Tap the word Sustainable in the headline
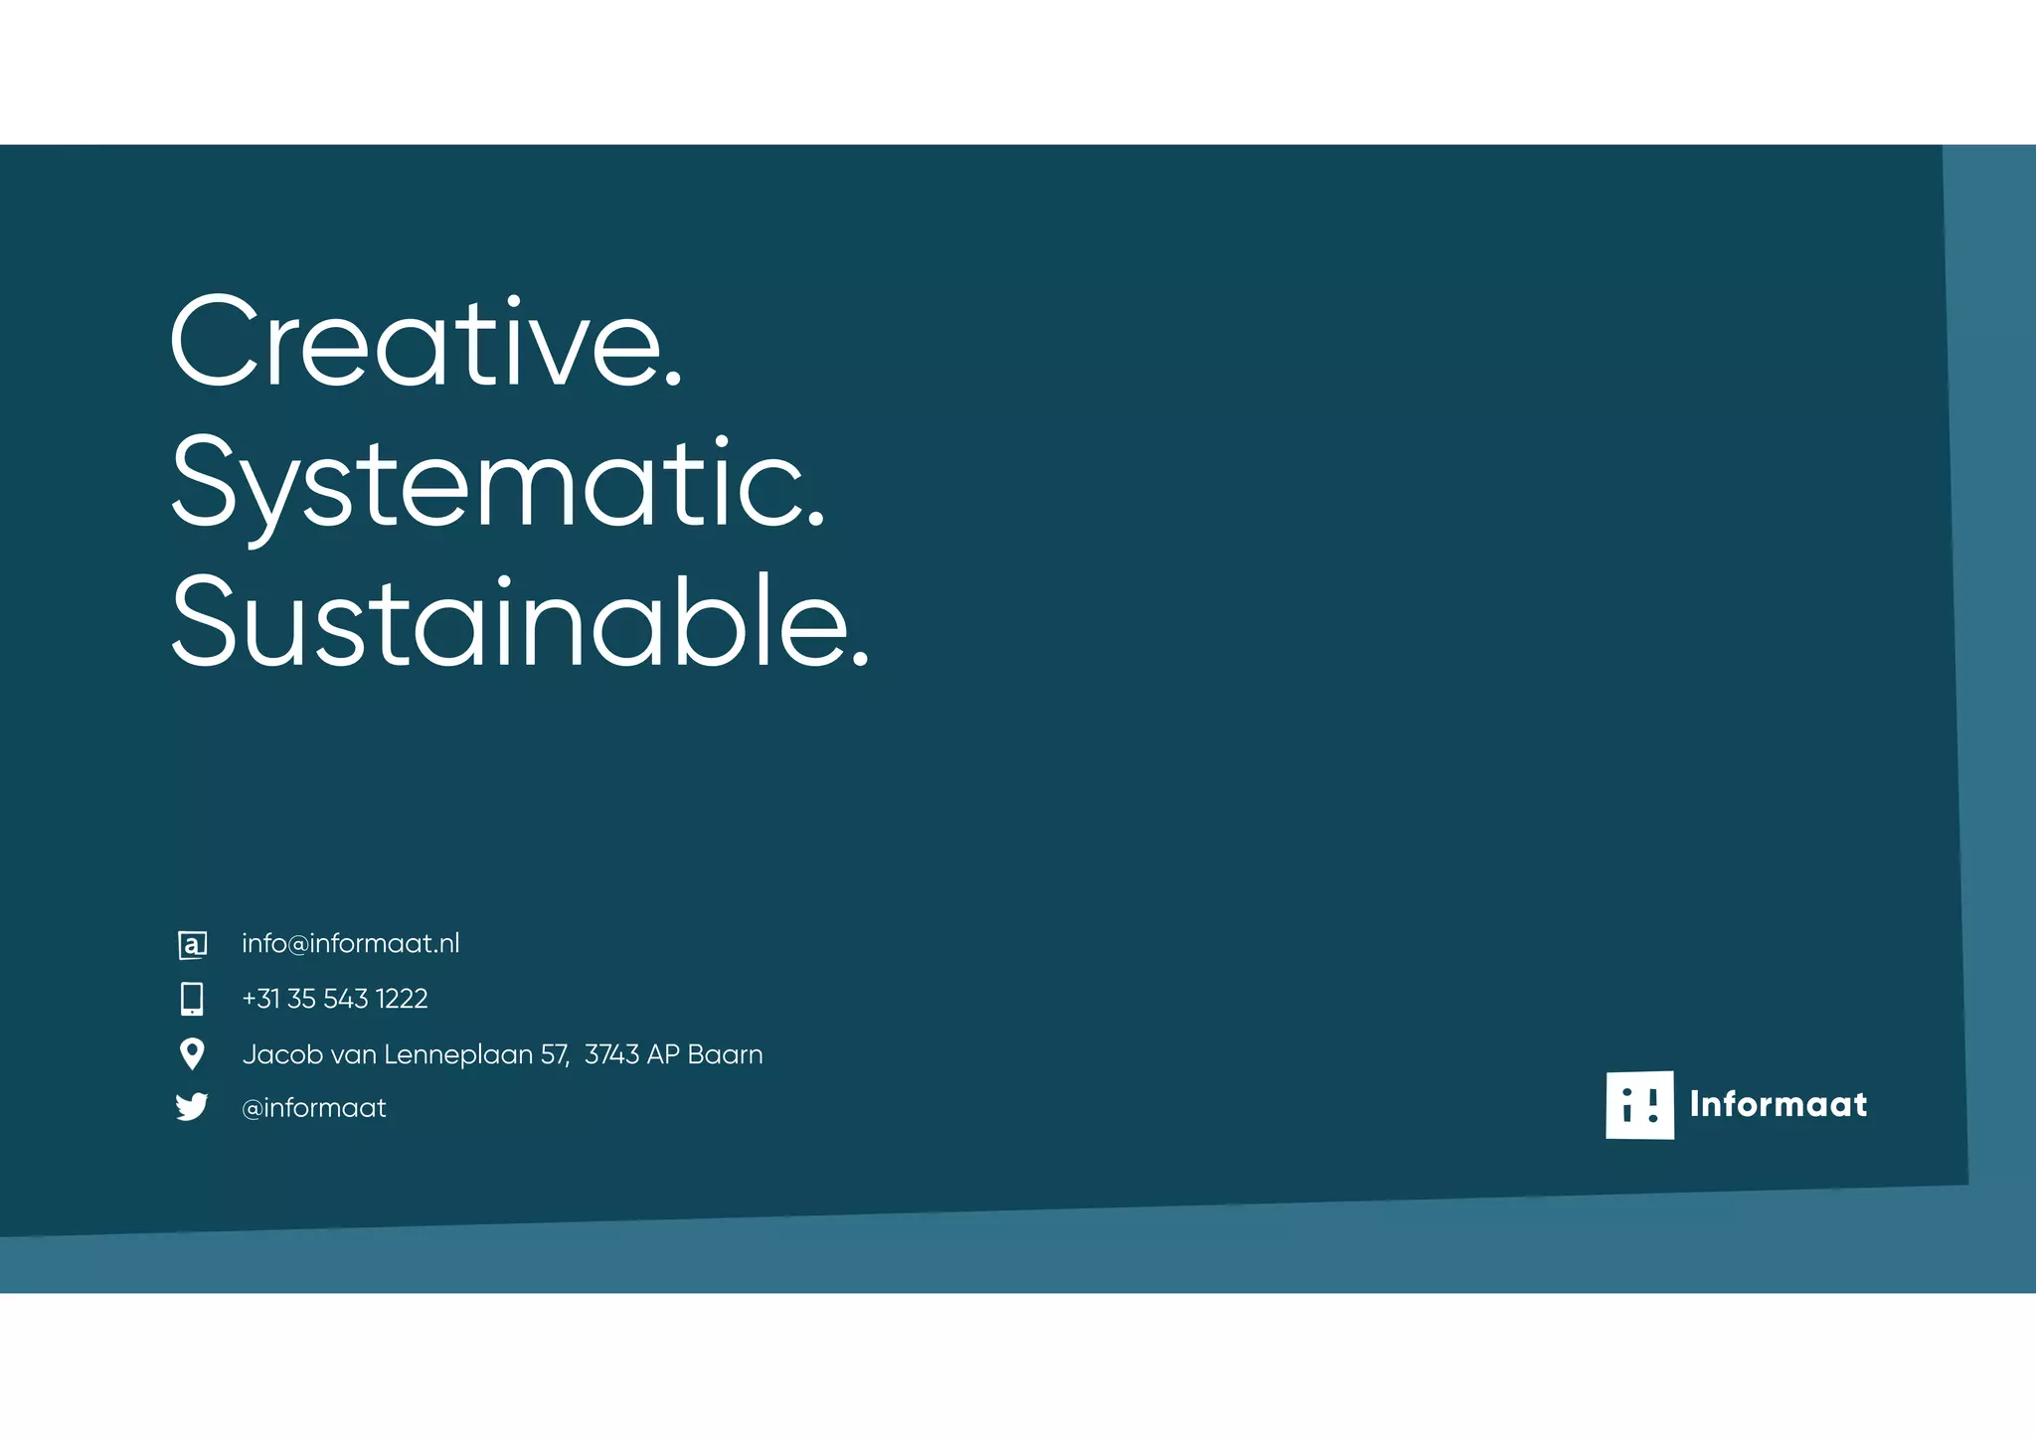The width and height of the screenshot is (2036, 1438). tap(507, 622)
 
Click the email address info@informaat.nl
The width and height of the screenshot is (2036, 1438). tap(350, 943)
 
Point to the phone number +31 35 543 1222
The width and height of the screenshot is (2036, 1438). tap(334, 999)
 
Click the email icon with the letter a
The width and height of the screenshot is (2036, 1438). tap(192, 944)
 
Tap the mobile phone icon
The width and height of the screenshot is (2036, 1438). tap(192, 999)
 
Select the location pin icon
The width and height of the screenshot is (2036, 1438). tap(192, 1053)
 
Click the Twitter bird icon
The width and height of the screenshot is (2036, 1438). tap(192, 1107)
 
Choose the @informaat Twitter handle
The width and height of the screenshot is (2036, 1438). tap(313, 1108)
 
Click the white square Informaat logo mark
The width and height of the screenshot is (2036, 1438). tap(1639, 1104)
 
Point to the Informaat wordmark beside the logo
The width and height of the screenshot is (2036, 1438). tap(1778, 1104)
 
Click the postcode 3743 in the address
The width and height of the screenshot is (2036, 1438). tap(611, 1054)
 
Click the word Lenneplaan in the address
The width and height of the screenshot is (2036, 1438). tap(458, 1054)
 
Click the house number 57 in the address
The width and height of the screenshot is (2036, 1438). tap(554, 1054)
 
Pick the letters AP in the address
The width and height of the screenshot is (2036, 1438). tap(662, 1054)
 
